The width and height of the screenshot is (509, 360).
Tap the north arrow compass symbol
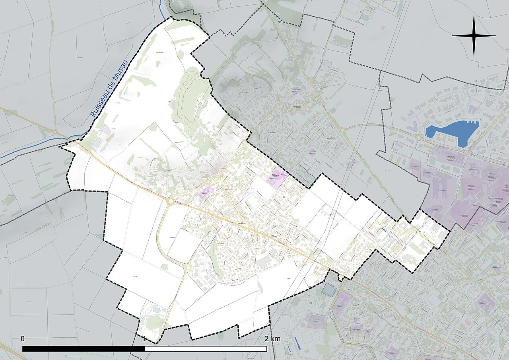474,36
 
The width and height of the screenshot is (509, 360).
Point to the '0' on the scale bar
23,339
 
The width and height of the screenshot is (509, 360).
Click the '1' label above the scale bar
145,339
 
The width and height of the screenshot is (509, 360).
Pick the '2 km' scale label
273,339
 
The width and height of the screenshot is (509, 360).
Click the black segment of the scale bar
84,349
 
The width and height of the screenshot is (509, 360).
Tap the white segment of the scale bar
206,349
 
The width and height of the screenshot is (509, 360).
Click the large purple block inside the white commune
279,175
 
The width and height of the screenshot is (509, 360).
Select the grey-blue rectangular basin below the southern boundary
329,290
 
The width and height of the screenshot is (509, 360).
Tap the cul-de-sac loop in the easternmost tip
425,224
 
